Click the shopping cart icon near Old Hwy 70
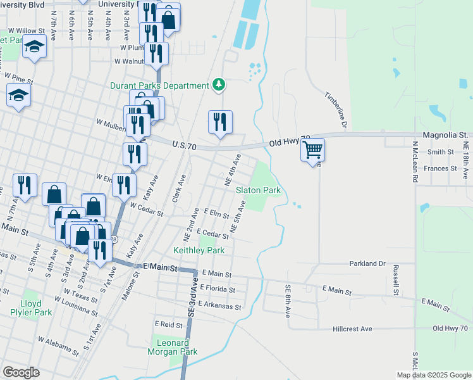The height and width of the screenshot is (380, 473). pyautogui.click(x=312, y=151)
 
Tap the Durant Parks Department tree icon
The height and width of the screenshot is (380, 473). pyautogui.click(x=219, y=84)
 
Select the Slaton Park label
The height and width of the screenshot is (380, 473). pyautogui.click(x=258, y=190)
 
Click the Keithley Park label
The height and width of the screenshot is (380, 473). pyautogui.click(x=199, y=250)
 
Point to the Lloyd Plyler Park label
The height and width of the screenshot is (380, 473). pyautogui.click(x=35, y=308)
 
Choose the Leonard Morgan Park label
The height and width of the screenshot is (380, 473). pyautogui.click(x=173, y=347)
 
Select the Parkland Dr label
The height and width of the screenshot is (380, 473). pyautogui.click(x=367, y=263)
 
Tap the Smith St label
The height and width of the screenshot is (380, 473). pyautogui.click(x=441, y=152)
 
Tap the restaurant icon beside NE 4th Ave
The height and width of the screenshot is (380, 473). pyautogui.click(x=220, y=122)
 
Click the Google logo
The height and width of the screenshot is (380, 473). pyautogui.click(x=21, y=372)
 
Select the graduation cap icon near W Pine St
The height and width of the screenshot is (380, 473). pyautogui.click(x=18, y=96)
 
